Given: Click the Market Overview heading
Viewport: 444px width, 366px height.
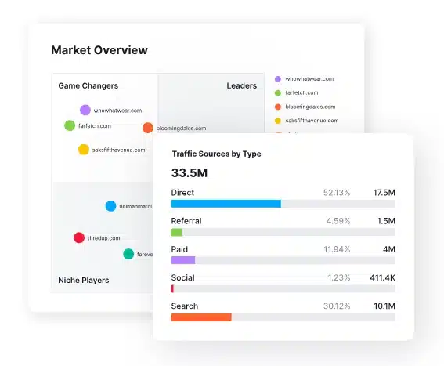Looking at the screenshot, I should [99, 50].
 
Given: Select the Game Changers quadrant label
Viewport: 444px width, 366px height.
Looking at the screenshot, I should [88, 85].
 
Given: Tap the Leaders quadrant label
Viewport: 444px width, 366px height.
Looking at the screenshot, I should [242, 85].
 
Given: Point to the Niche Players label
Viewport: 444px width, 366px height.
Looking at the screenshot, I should [84, 280].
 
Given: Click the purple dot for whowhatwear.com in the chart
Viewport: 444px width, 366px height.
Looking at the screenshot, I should [85, 111].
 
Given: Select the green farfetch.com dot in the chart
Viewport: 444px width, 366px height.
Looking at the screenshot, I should [70, 125].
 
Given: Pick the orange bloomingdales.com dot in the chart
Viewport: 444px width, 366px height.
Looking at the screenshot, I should [148, 128].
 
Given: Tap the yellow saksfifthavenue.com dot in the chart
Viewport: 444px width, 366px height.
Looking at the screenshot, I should [84, 150].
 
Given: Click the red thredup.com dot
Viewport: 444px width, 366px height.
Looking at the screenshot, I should [79, 237].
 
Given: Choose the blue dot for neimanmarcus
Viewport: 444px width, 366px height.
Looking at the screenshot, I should [111, 206].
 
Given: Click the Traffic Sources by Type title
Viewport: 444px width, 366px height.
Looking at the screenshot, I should [217, 154].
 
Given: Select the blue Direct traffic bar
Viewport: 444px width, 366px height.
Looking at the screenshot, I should [226, 204].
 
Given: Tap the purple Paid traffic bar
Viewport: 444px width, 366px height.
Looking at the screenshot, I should [183, 260].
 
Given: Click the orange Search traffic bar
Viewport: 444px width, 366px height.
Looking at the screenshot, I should [201, 317].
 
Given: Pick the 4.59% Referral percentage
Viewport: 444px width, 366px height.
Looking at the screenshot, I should [338, 221].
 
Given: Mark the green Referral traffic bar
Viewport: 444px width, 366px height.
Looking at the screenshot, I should [176, 232].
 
